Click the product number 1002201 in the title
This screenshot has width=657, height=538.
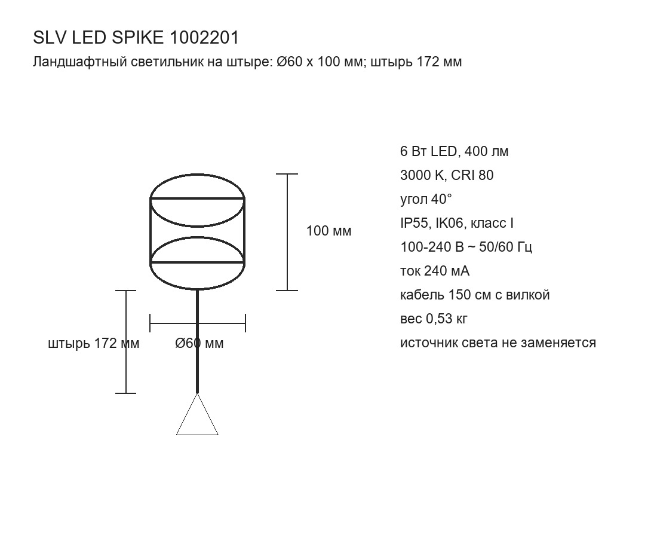[x=204, y=38]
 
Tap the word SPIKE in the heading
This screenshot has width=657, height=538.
[x=137, y=38]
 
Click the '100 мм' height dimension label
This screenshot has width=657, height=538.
[x=329, y=231]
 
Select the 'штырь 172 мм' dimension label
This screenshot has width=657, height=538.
[x=94, y=344]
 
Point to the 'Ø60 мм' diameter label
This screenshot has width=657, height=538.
[x=199, y=344]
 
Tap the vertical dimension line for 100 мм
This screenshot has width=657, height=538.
[x=287, y=232]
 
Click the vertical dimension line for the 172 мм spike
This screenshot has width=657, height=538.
[x=125, y=342]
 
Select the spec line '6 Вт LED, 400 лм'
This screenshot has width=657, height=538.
[x=454, y=151]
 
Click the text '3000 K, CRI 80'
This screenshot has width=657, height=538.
[x=447, y=175]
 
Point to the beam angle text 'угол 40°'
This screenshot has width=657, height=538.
[x=426, y=199]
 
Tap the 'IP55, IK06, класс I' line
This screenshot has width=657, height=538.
[x=457, y=224]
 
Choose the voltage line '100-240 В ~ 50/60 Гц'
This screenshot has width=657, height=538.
[x=466, y=247]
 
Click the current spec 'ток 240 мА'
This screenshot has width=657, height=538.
[x=435, y=271]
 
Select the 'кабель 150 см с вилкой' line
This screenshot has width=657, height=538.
[x=475, y=295]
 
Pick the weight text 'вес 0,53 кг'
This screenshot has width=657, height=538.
[x=434, y=319]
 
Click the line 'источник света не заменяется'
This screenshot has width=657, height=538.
[x=498, y=343]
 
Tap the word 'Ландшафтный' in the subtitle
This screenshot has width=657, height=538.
[x=79, y=62]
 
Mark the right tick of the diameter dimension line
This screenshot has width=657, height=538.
[x=245, y=323]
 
